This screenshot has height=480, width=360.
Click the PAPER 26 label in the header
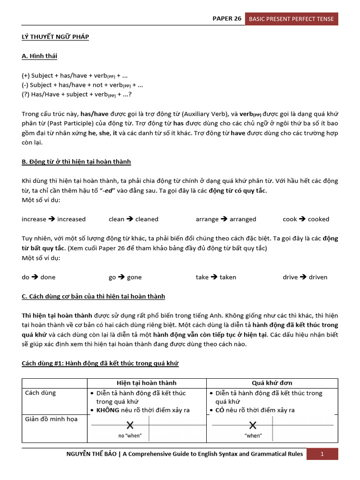pos(227,19)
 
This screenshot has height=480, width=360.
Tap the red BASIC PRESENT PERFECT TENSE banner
pos(291,19)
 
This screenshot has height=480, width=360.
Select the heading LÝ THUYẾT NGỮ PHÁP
pos(55,37)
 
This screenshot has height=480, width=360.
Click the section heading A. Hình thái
pos(39,56)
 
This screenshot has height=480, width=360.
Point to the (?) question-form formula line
pos(76,95)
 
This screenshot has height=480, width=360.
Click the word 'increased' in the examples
pos(71,219)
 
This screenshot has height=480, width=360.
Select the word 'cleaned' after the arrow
pos(147,219)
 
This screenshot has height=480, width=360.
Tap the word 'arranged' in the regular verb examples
pos(243,219)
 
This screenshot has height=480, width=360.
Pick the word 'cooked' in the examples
pos(318,219)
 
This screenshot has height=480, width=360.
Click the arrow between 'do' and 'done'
pos(35,277)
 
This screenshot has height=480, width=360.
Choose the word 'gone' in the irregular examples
pos(134,277)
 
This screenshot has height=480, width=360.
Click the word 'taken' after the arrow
pos(228,277)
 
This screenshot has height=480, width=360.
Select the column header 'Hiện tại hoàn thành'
pos(146,383)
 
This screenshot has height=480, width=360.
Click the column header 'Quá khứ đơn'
pos(272,383)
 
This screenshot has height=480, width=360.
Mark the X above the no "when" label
pos(130,425)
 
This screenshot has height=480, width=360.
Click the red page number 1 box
pos(322,454)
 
